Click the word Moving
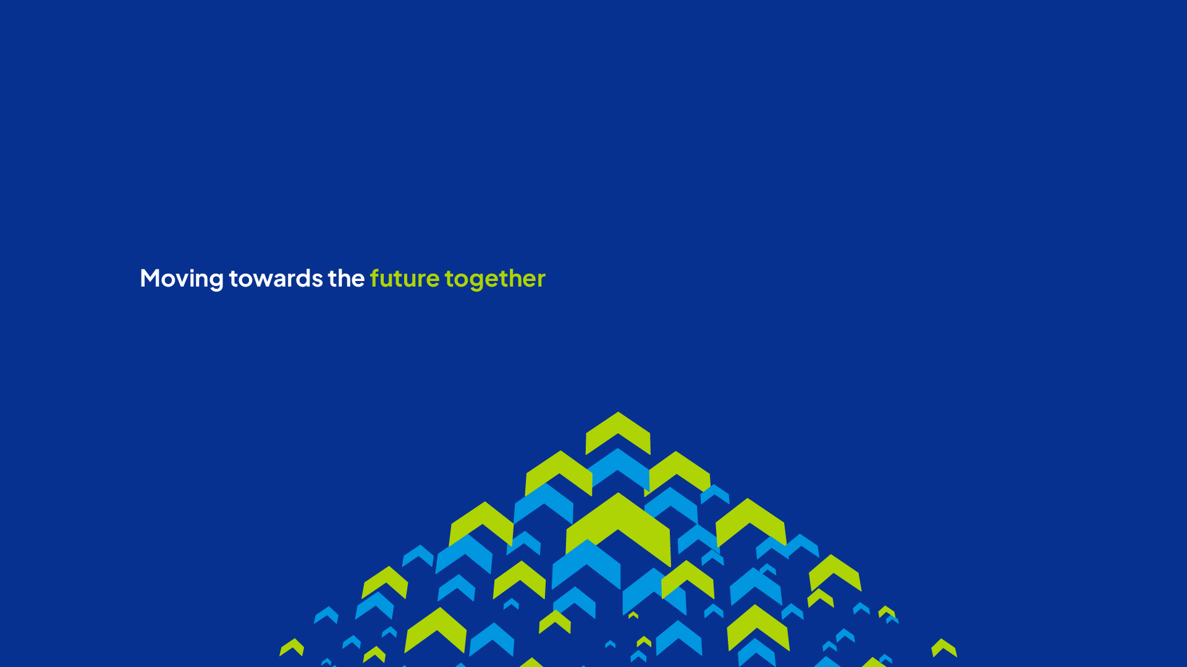[x=182, y=279]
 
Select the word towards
[x=276, y=278]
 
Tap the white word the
[x=346, y=278]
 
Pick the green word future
[x=405, y=278]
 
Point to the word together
[x=495, y=279]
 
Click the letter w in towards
[x=261, y=280]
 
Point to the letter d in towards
[x=303, y=278]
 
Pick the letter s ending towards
[x=317, y=280]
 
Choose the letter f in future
[x=375, y=278]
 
